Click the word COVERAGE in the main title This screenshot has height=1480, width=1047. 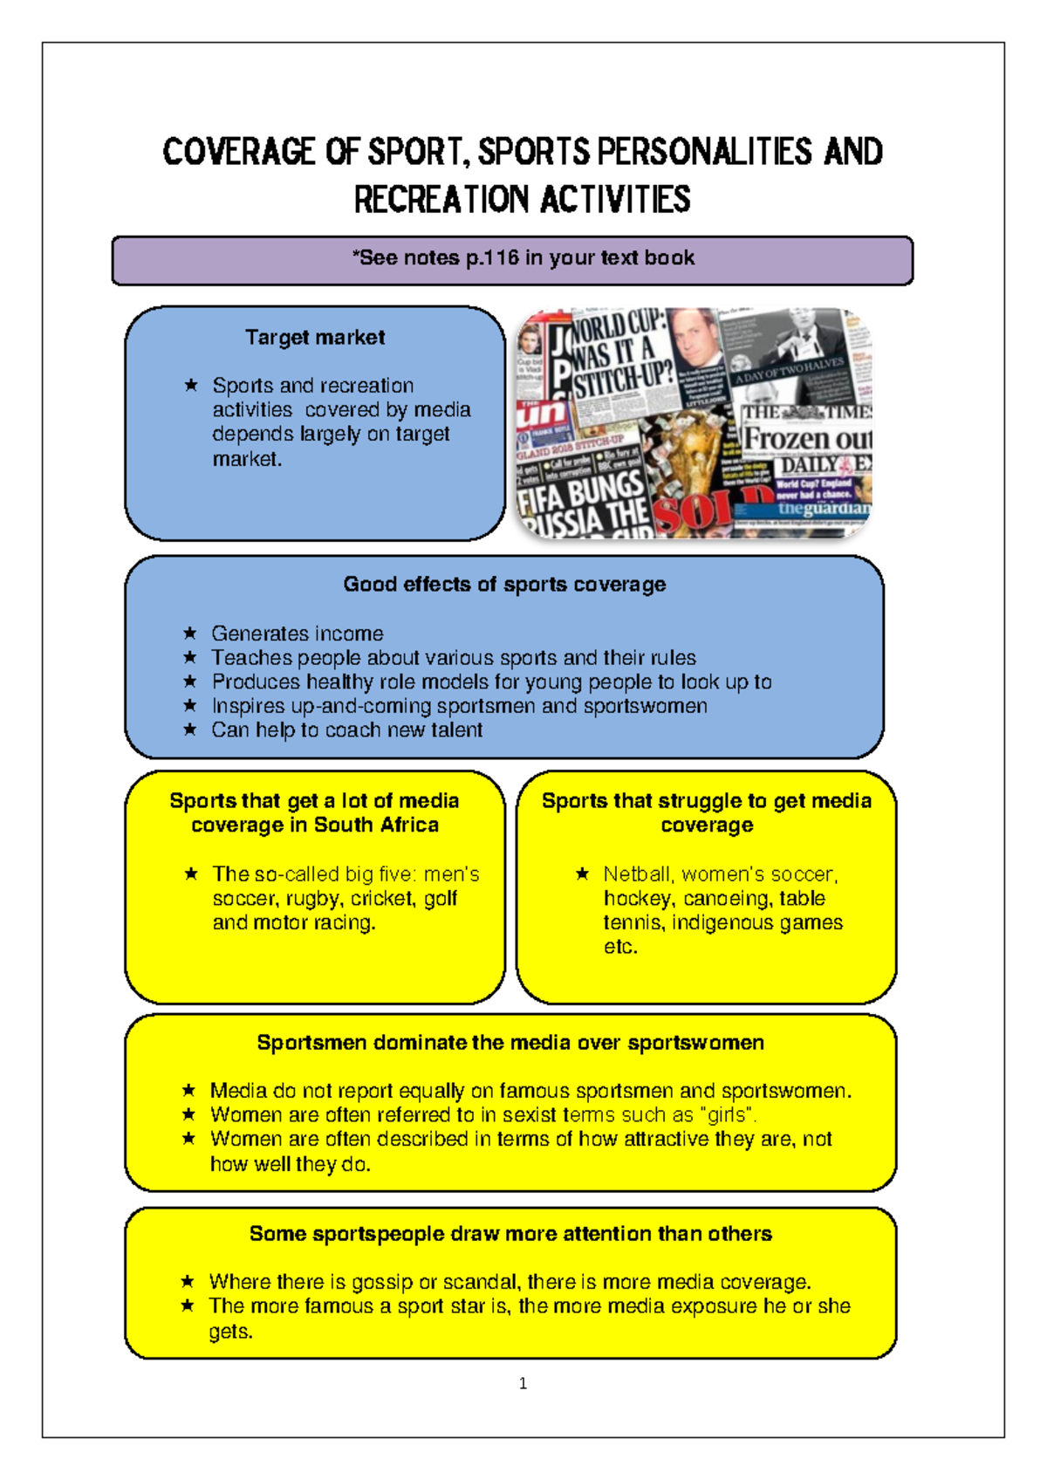(238, 152)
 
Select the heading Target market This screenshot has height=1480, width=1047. (315, 338)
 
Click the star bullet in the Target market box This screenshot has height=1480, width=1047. (191, 385)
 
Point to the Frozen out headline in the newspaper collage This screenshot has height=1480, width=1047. (807, 438)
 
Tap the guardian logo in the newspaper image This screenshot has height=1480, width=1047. (824, 508)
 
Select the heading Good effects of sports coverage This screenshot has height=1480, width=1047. (504, 585)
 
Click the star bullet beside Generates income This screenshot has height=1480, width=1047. (190, 633)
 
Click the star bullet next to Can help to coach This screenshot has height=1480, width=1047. (190, 730)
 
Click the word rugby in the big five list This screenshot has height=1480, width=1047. (315, 899)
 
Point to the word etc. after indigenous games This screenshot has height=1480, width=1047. (620, 948)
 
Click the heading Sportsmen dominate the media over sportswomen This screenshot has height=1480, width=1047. (510, 1043)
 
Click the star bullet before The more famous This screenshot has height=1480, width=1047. (188, 1305)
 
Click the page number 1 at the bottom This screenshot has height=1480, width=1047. (523, 1383)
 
